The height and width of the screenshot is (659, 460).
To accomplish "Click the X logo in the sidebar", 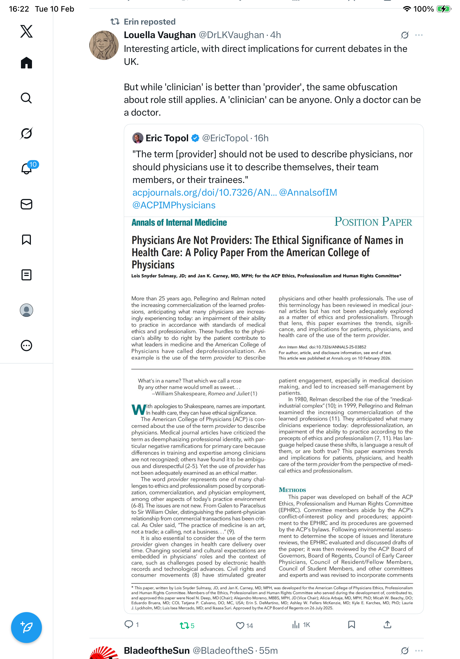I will [x=26, y=31].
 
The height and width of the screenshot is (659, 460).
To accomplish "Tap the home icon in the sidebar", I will [x=26, y=63].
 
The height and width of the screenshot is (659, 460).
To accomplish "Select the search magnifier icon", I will [x=26, y=98].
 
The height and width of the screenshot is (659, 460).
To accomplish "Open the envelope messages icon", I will [x=26, y=204].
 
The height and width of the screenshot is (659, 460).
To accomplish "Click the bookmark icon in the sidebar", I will [x=26, y=239].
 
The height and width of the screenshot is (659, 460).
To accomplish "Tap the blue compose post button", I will [x=26, y=627].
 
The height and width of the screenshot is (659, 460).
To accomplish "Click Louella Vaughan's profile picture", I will [x=104, y=45].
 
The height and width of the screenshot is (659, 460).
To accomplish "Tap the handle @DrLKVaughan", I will [x=231, y=35].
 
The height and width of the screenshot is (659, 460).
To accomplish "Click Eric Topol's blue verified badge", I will [x=195, y=138].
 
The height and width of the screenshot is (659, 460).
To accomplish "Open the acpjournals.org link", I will [x=204, y=192].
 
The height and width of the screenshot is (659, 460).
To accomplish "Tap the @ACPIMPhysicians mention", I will [x=174, y=205].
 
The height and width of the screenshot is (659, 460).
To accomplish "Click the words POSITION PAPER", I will [x=373, y=222].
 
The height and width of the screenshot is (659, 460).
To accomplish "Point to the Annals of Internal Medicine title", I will [x=179, y=222].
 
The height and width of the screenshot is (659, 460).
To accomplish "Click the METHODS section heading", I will [x=292, y=490].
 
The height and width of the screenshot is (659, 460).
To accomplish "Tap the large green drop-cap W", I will [x=139, y=409].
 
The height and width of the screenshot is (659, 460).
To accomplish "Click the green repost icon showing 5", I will [x=184, y=625].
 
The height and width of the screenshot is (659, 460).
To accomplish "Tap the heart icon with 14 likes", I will [x=240, y=625].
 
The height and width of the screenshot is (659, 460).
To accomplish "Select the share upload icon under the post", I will [x=387, y=624].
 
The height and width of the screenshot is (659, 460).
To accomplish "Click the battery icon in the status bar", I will [x=444, y=9].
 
